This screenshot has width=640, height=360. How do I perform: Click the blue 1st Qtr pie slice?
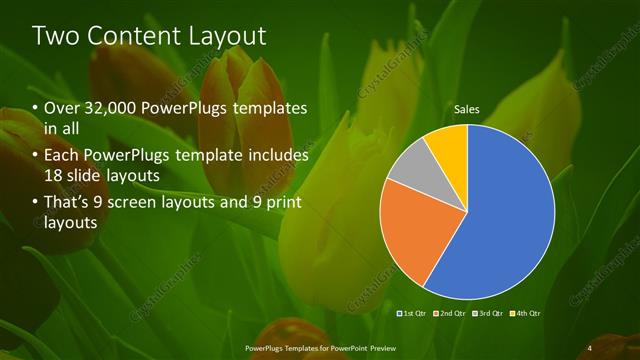pyautogui.click(x=510, y=215)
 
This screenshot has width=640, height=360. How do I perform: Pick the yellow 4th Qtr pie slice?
pyautogui.click(x=449, y=145)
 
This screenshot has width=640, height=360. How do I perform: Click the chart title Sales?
pyautogui.click(x=466, y=108)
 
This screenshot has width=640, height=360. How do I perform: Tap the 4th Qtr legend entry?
pyautogui.click(x=528, y=314)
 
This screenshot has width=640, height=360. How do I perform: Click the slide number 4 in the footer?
pyautogui.click(x=591, y=347)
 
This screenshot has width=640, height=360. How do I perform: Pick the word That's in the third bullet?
pyautogui.click(x=66, y=203)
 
